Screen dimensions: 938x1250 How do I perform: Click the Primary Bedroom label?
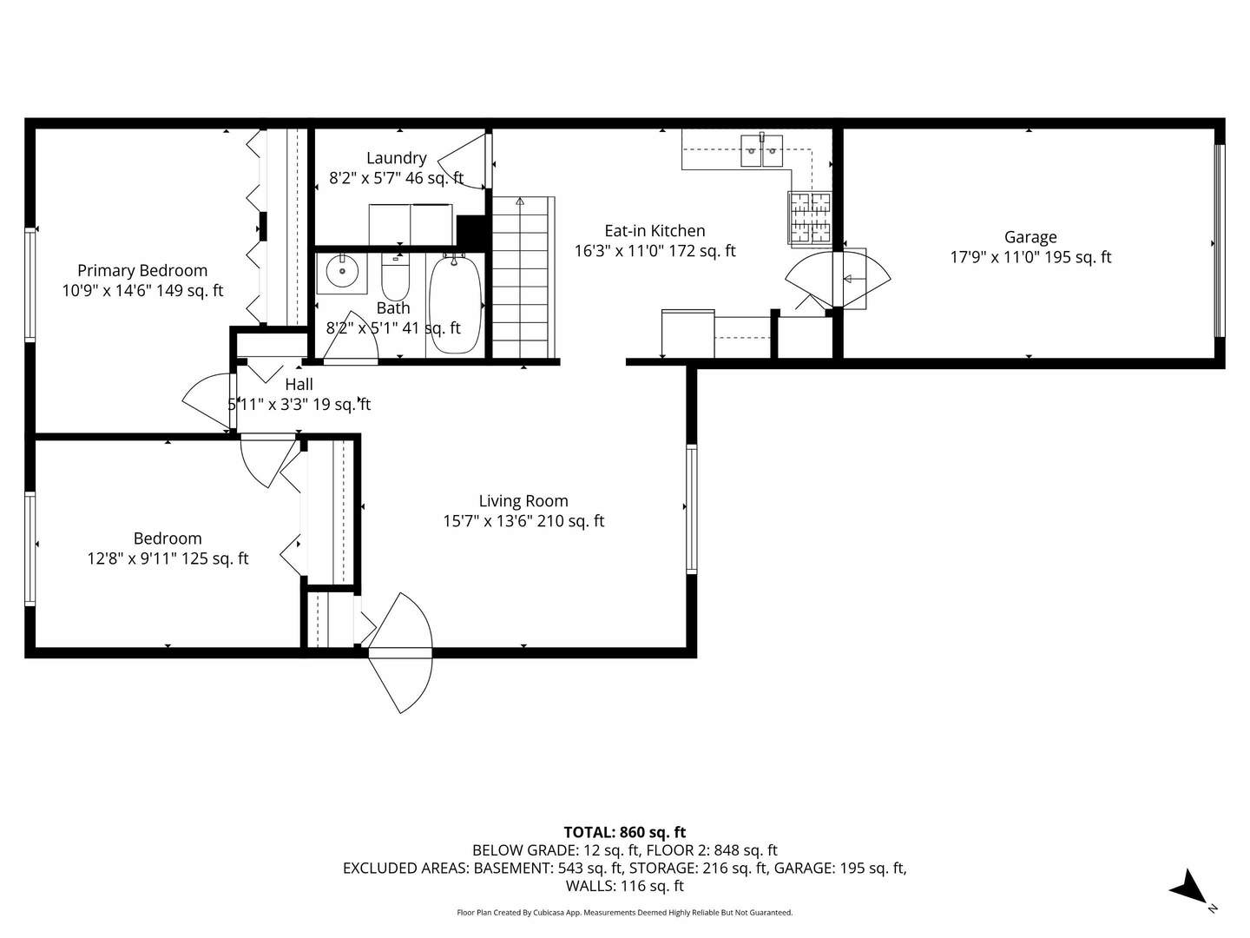[x=142, y=271]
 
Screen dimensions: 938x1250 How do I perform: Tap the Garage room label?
[x=1030, y=237]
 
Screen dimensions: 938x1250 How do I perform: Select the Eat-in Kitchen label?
[x=655, y=231]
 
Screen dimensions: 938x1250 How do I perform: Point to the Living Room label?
[x=523, y=501]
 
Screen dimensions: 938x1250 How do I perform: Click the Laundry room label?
[x=396, y=158]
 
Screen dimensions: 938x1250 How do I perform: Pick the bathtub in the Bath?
[x=455, y=304]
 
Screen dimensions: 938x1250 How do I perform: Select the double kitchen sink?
[x=762, y=150]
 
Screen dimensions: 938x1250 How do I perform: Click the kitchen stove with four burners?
[x=809, y=217]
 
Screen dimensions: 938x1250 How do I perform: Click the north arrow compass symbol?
[x=1189, y=889]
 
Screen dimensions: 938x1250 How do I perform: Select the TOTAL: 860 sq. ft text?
[x=625, y=832]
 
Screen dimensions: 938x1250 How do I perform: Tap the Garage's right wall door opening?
[x=1219, y=241]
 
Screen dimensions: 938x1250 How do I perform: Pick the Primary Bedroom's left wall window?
[x=30, y=283]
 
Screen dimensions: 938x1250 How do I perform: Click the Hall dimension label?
[x=299, y=405]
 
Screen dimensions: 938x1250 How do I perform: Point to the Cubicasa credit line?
[x=625, y=913]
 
